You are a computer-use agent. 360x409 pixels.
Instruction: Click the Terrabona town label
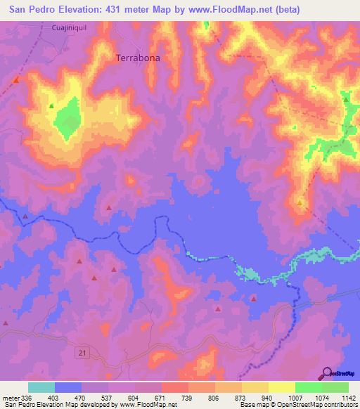[x=137, y=59]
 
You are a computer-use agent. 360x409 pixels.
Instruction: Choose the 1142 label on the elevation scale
[x=340, y=397]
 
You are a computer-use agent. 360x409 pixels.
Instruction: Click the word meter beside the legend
[x=11, y=397]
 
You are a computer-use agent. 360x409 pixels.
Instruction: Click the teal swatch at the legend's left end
[x=41, y=387]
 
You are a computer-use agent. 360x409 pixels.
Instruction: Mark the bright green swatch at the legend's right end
[x=335, y=387]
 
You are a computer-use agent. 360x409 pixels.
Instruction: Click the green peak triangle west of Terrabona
[x=51, y=106]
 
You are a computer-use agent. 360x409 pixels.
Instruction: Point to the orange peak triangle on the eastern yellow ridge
[x=300, y=202]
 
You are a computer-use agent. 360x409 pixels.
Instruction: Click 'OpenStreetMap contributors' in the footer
[x=318, y=405]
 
